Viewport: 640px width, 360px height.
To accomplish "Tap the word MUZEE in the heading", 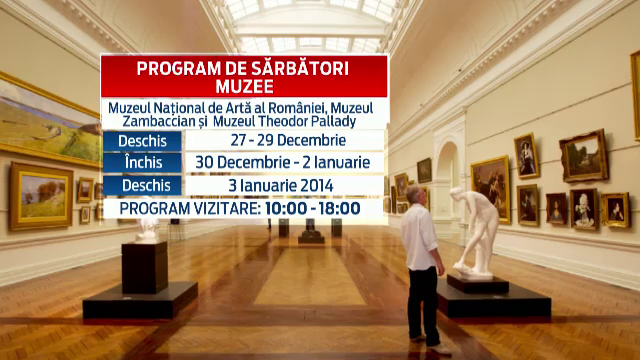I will point(245,86).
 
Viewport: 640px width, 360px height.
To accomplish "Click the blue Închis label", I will point(142,162).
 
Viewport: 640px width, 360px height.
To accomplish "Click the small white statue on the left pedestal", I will point(147,228).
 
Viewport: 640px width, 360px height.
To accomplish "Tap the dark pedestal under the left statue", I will point(145,267).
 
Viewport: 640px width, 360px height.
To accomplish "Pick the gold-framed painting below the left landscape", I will point(41,196).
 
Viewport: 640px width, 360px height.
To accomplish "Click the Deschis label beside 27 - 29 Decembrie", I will point(142,140).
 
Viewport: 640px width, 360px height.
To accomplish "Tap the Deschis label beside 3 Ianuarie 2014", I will point(142,185).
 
